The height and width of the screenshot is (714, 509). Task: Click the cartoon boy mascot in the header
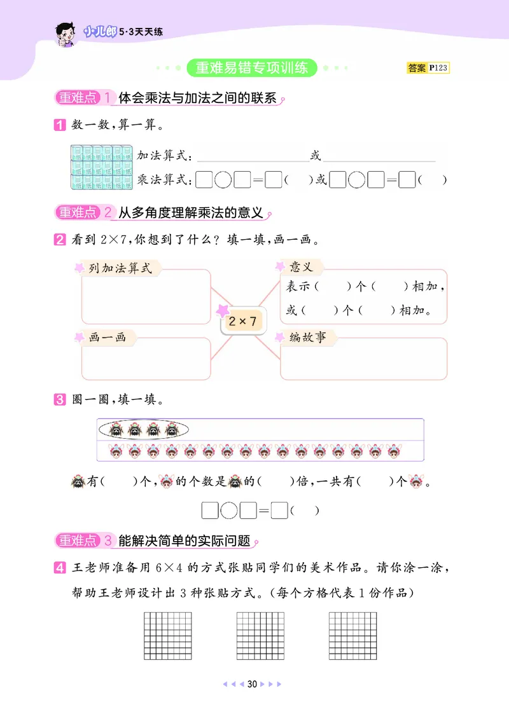point(66,32)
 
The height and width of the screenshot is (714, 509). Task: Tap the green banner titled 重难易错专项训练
point(252,67)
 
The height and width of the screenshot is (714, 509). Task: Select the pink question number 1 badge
point(59,125)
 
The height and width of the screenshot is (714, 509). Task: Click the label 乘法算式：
point(164,180)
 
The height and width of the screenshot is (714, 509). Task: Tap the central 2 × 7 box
point(242,322)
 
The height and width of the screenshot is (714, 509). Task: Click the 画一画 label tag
point(106,338)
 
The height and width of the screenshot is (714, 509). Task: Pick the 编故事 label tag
point(307,338)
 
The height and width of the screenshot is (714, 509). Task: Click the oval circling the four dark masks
point(144,430)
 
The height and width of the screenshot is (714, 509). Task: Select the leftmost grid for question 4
point(168,635)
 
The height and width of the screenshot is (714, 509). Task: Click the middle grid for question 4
point(260,635)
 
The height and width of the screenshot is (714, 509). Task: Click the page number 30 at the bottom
point(252,684)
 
